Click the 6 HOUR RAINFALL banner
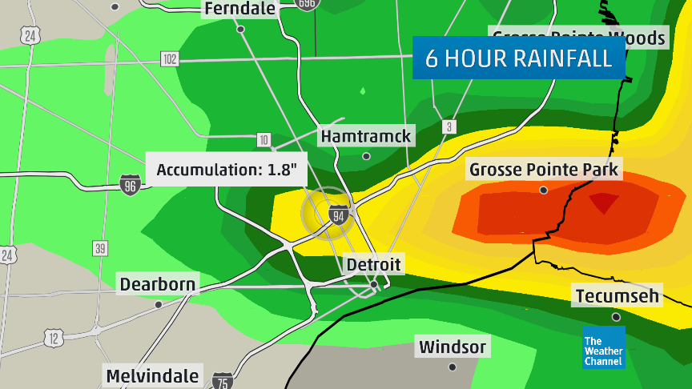[x=518, y=58]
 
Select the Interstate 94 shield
[x=338, y=214]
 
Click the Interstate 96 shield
[x=129, y=185]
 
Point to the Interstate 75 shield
[x=223, y=379]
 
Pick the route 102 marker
[x=169, y=58]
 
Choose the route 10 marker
[x=264, y=140]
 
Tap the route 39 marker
[x=100, y=248]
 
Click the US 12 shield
[x=54, y=338]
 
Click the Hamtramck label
[x=365, y=136]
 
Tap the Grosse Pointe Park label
[x=545, y=170]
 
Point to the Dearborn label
[x=157, y=284]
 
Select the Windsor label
[x=452, y=347]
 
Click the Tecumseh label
[x=617, y=296]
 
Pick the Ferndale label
[x=240, y=9]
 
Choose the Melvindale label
[x=152, y=376]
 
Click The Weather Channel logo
[x=604, y=347]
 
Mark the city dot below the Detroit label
[x=372, y=283]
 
